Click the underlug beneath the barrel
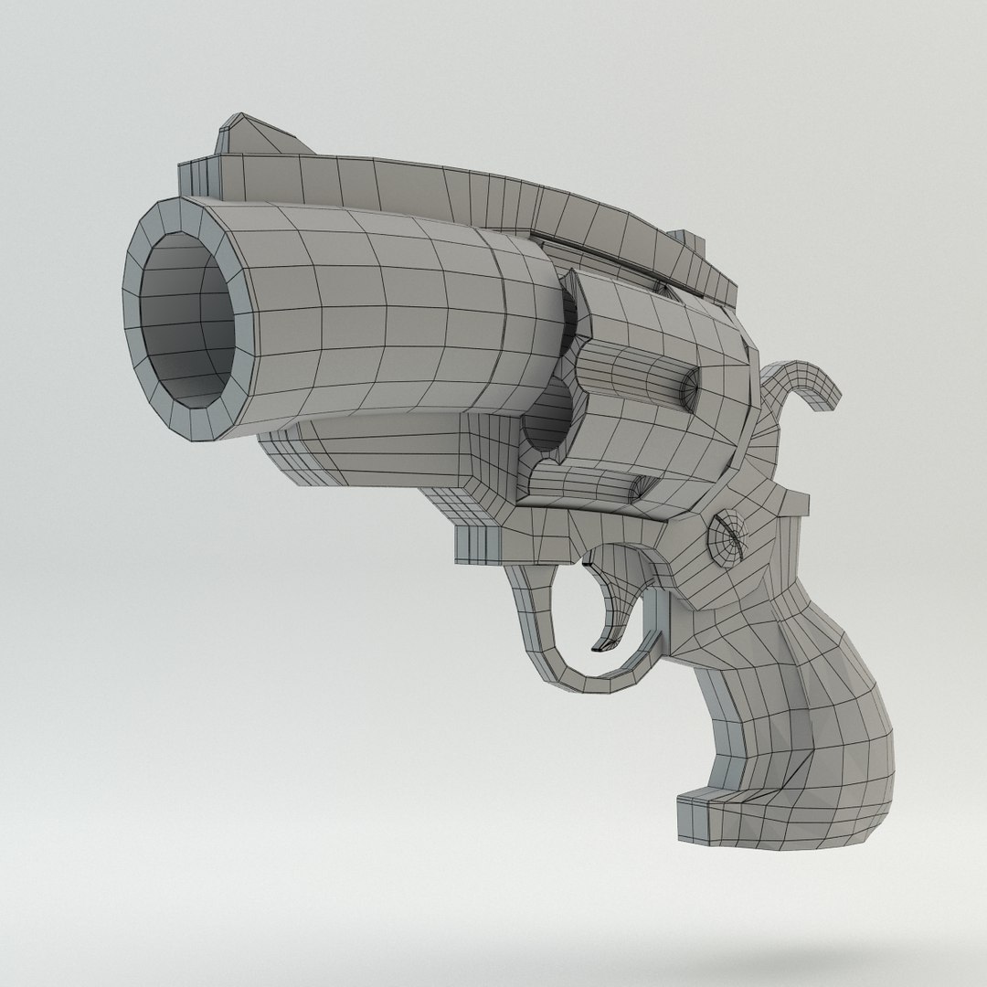click(384, 457)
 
